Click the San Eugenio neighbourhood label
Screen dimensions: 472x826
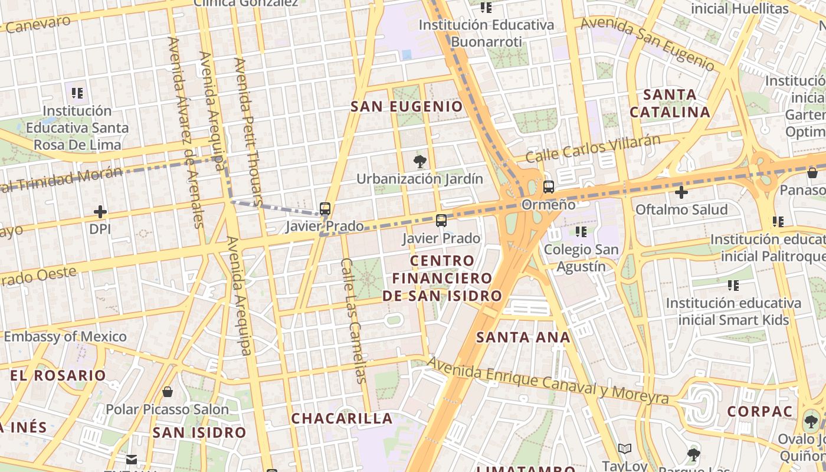(x=407, y=107)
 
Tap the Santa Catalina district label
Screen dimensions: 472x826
(x=670, y=103)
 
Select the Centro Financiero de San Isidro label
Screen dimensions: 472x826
(x=442, y=278)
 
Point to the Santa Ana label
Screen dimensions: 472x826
(x=523, y=337)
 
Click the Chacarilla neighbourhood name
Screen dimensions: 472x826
(x=342, y=418)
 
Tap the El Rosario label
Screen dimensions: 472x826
(x=58, y=375)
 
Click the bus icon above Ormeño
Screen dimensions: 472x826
(x=549, y=187)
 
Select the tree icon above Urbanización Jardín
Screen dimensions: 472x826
(x=420, y=161)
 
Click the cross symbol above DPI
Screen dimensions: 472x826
(x=100, y=211)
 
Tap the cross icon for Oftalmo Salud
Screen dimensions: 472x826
(x=681, y=192)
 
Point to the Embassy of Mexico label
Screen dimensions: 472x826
(x=65, y=337)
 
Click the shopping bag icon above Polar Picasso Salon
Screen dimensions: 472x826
(x=168, y=392)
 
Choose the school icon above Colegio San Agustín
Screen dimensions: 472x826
(x=581, y=232)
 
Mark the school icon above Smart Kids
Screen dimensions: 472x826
(x=733, y=286)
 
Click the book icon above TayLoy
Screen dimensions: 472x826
(x=625, y=449)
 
